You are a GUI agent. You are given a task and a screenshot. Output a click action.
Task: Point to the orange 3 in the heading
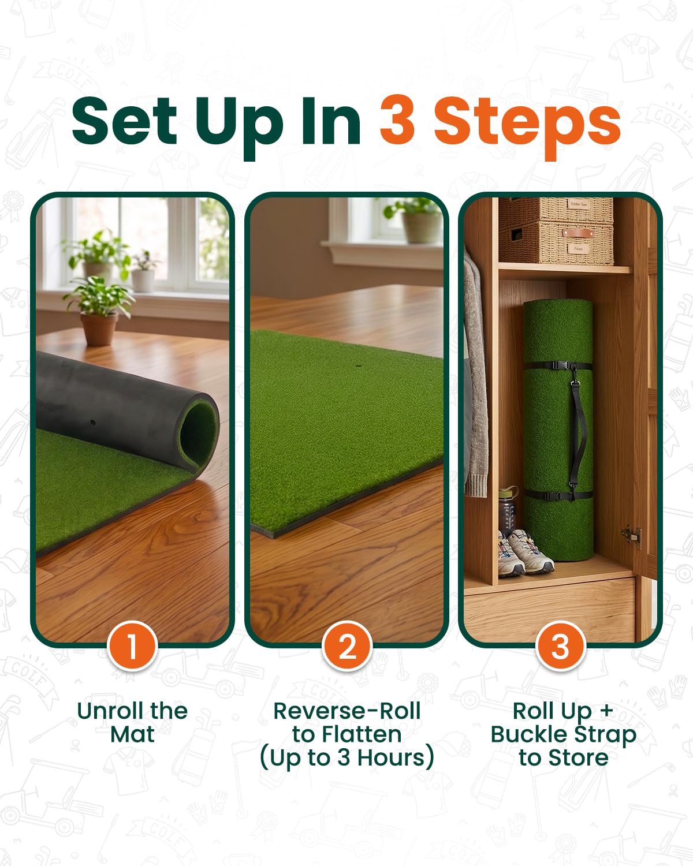(x=397, y=121)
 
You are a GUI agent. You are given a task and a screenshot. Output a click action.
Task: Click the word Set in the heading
(x=124, y=121)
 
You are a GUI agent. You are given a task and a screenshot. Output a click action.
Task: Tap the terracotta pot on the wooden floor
(x=99, y=329)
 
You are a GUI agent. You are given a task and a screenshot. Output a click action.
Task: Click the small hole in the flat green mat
(x=359, y=367)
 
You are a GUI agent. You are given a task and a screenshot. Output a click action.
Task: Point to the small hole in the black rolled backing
(x=93, y=423)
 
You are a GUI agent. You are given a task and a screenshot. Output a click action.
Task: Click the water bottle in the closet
(x=508, y=510)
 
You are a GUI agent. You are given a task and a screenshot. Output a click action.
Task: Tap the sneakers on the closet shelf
(x=524, y=552)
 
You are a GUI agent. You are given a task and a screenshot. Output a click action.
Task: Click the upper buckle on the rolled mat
(x=561, y=366)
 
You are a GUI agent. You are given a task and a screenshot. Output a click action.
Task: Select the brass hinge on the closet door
(x=632, y=536)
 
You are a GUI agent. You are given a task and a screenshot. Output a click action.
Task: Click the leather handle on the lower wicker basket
(x=578, y=233)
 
